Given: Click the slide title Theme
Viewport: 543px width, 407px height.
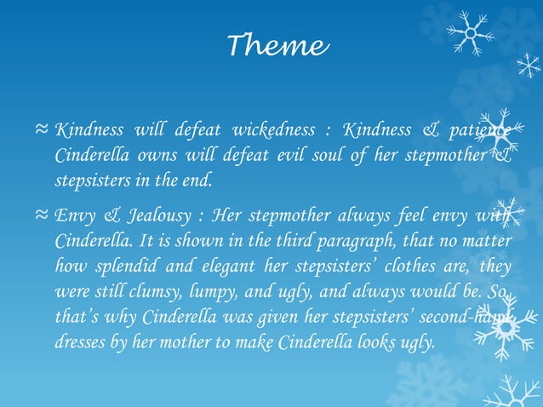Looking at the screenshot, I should click(x=277, y=45).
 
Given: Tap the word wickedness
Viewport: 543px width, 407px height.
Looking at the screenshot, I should click(x=266, y=131).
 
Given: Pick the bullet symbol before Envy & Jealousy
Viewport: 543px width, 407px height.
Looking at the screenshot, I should click(x=41, y=214).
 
